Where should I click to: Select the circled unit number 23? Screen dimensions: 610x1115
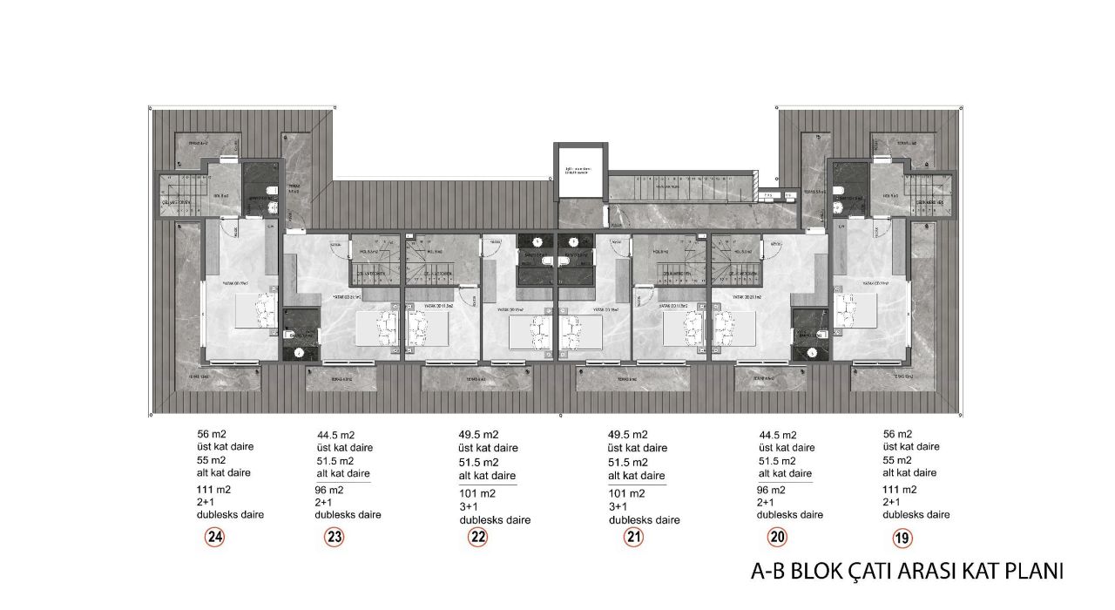point(334,538)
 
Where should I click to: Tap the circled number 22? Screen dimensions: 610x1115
point(477,538)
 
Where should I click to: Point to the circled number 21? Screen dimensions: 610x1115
point(634,538)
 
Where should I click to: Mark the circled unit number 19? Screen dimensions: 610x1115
point(902,538)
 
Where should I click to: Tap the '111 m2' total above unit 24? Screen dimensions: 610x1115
point(214,489)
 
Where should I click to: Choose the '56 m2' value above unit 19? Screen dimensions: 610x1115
point(897,434)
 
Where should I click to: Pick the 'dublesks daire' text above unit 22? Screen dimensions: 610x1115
point(495,520)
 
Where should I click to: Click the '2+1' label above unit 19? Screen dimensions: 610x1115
point(892,502)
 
